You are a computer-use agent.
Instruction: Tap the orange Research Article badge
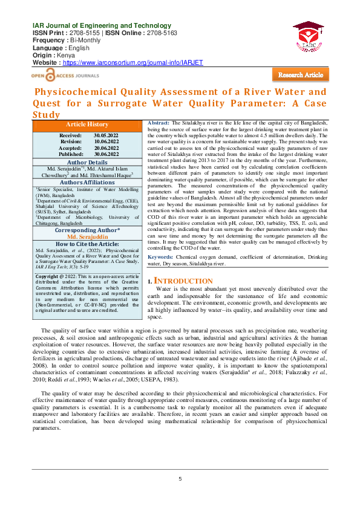tap(300, 74)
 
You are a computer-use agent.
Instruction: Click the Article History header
tap(87, 124)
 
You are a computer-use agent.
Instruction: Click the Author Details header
tap(87, 162)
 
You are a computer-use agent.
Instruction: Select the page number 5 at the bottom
tap(180, 479)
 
